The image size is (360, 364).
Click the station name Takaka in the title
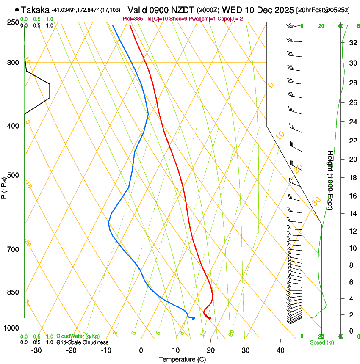(35, 10)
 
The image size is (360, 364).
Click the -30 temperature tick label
(36, 350)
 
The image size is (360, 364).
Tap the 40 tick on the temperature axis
(280, 350)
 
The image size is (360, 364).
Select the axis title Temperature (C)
(182, 359)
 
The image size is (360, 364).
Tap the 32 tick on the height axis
(352, 43)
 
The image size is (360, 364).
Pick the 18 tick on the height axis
(352, 178)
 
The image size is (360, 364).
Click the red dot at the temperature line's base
(210, 318)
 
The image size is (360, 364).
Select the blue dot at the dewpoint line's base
(193, 318)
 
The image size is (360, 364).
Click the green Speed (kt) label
(321, 342)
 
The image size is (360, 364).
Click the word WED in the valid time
(230, 10)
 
